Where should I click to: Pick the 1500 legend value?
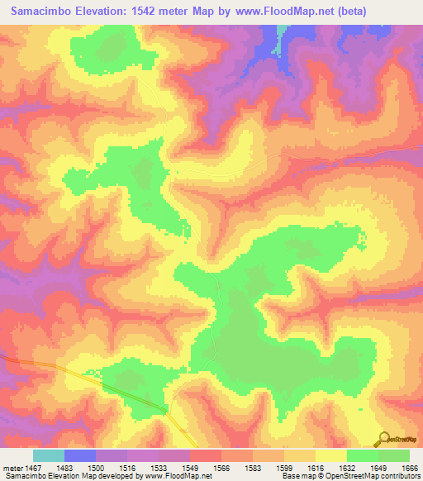(97, 468)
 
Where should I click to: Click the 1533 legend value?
(159, 468)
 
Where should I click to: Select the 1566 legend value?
(221, 468)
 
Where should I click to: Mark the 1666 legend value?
(410, 468)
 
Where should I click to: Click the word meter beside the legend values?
(12, 468)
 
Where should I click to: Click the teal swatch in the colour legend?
(49, 455)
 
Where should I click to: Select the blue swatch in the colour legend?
(80, 455)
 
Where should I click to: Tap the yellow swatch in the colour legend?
(331, 455)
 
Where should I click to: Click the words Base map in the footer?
(297, 477)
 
